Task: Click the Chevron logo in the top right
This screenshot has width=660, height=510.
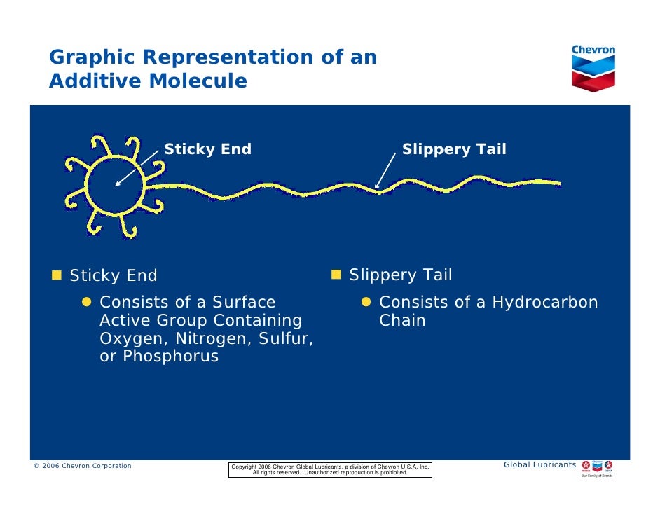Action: click(x=593, y=68)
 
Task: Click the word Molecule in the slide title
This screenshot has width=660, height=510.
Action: click(x=198, y=81)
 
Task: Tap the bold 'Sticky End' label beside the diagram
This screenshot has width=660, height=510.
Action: click(x=207, y=149)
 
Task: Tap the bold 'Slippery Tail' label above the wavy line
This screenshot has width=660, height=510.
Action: click(x=453, y=149)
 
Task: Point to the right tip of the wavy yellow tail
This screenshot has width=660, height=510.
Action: click(x=558, y=184)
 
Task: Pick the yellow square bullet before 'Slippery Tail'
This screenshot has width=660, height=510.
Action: click(x=336, y=273)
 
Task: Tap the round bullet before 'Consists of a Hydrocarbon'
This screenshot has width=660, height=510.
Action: click(x=366, y=303)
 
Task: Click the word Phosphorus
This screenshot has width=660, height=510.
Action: click(x=170, y=357)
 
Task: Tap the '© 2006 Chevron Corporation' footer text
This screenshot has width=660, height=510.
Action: click(x=83, y=466)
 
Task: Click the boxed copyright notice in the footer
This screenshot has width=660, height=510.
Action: click(x=330, y=469)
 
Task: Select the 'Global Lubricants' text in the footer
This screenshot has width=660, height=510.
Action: click(x=539, y=465)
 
